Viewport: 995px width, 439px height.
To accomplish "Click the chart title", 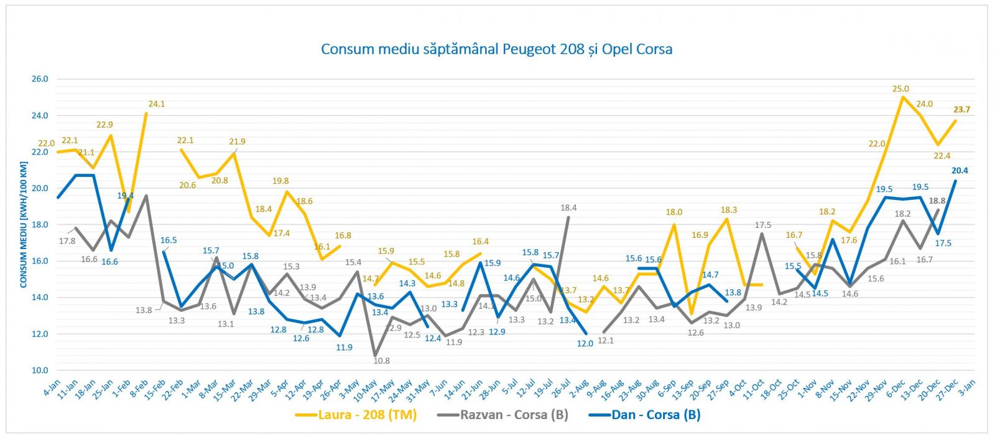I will (496, 49).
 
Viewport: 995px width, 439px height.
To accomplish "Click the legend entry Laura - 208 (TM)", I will (367, 415).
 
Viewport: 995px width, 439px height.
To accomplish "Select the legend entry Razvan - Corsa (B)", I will (514, 415).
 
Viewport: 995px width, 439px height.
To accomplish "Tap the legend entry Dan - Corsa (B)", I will (656, 415).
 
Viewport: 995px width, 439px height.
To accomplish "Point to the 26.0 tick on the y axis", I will (40, 79).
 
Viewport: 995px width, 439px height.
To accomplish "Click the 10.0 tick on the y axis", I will (40, 370).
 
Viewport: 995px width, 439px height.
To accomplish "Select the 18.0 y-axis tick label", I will (40, 224).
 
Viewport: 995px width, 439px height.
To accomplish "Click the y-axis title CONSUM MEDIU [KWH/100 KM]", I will (24, 224).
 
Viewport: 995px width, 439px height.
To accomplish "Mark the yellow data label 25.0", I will (900, 89).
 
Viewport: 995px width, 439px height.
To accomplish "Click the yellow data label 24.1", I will (156, 104).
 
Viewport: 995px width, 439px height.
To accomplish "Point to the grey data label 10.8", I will (381, 361).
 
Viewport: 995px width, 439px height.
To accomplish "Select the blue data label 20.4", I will (960, 171).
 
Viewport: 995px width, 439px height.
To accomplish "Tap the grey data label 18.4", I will (568, 208).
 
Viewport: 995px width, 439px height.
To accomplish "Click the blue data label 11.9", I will (344, 347).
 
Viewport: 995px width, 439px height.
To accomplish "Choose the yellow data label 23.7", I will (961, 110).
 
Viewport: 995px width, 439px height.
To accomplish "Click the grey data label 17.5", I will (762, 225).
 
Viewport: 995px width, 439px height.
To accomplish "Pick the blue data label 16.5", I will (169, 240).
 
